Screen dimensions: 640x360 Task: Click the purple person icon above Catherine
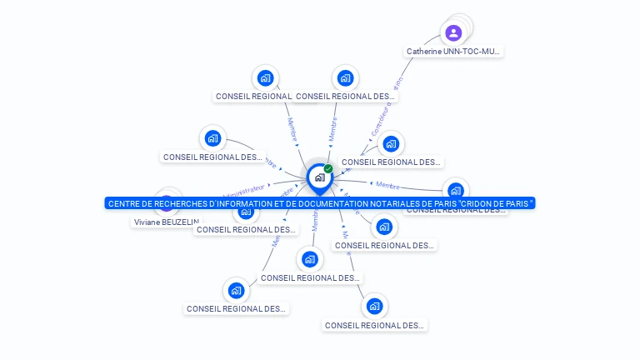point(453,33)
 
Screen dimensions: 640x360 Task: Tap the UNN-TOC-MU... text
point(472,52)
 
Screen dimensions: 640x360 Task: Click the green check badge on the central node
point(328,169)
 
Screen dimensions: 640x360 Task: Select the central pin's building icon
point(318,177)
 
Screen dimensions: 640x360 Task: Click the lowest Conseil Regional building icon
point(374,307)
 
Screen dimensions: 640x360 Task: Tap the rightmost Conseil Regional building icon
point(455,189)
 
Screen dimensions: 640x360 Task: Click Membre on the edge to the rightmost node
point(387,185)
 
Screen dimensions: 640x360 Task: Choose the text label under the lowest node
point(374,326)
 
